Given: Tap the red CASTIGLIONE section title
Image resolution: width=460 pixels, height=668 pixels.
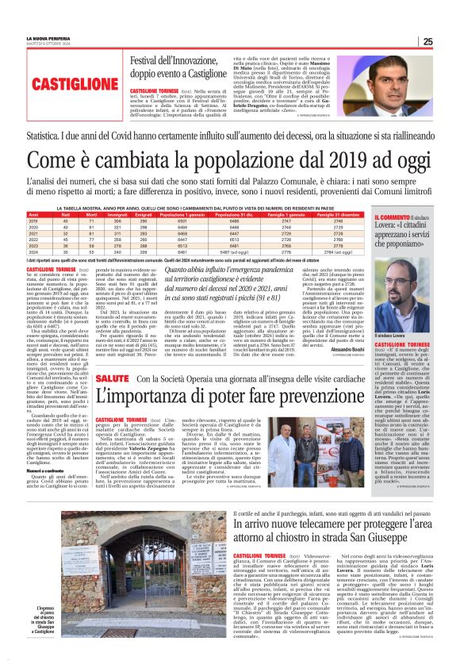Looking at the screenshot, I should pos(63,83).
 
